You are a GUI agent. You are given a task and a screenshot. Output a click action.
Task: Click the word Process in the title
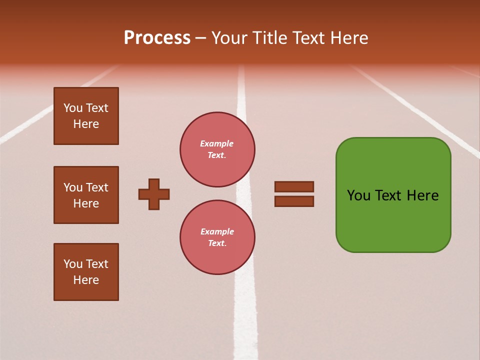pos(157,38)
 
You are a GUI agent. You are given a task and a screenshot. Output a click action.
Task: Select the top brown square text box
pos(86,116)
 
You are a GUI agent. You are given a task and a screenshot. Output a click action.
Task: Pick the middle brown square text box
pos(86,195)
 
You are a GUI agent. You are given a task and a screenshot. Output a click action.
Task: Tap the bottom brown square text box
pos(86,271)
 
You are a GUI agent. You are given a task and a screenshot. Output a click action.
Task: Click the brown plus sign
pos(154,194)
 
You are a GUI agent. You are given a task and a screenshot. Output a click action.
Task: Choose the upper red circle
pos(217,149)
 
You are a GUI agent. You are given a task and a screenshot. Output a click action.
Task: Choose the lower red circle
pos(217,237)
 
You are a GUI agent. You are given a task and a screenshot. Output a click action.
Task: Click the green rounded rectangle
pos(393,195)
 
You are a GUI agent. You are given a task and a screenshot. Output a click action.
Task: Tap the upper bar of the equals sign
pos(294,186)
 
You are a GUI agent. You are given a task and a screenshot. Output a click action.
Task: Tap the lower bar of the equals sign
pos(294,201)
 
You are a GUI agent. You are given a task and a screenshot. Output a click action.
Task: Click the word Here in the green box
pos(422,195)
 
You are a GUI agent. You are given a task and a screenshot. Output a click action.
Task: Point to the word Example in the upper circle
pos(217,143)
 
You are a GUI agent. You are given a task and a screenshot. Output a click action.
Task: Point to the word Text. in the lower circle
pos(217,243)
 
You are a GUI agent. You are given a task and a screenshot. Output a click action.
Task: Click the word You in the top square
pos(72,108)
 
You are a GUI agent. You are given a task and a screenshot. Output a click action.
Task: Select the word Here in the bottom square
pos(86,280)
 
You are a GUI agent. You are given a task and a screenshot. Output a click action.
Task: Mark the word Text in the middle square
pos(97,187)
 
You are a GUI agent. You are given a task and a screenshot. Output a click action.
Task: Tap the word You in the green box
pos(358,195)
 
